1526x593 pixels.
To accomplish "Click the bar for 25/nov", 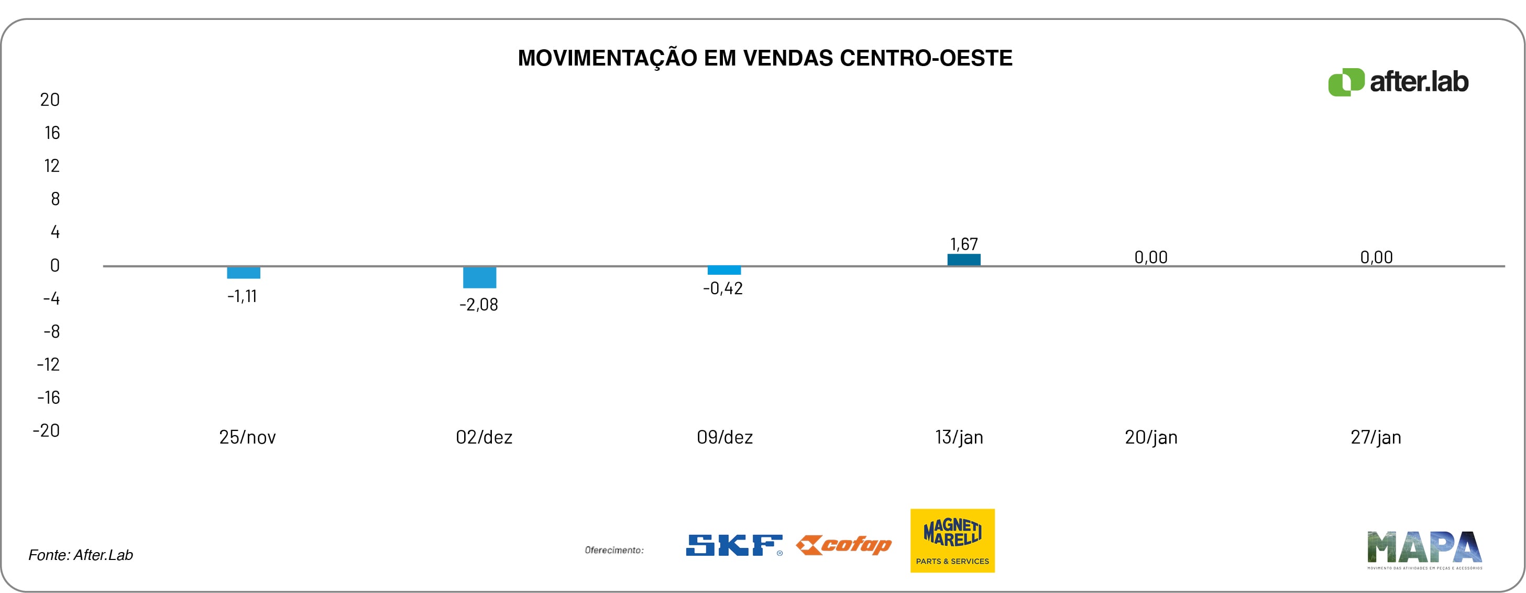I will pos(244,273).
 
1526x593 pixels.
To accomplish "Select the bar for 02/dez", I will pos(479,277).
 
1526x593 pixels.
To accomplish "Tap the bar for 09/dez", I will pos(724,271).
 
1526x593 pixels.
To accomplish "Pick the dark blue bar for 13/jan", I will pos(964,260).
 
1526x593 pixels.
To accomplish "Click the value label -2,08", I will pos(479,305).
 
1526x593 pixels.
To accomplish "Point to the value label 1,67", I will pos(964,244).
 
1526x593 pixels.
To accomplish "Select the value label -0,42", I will pos(723,289).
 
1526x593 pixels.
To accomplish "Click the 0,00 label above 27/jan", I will pos(1376,257).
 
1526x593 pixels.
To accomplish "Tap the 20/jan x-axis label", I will pos(1151,438).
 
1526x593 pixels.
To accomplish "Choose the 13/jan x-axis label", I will pos(959,438).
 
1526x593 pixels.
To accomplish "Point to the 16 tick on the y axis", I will pos(52,133).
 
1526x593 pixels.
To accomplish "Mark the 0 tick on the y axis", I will pos(54,266).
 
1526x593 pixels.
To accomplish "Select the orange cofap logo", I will pos(843,545).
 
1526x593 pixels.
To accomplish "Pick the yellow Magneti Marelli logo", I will pos(952,540).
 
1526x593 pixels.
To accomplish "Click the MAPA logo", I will pos(1424,548).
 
